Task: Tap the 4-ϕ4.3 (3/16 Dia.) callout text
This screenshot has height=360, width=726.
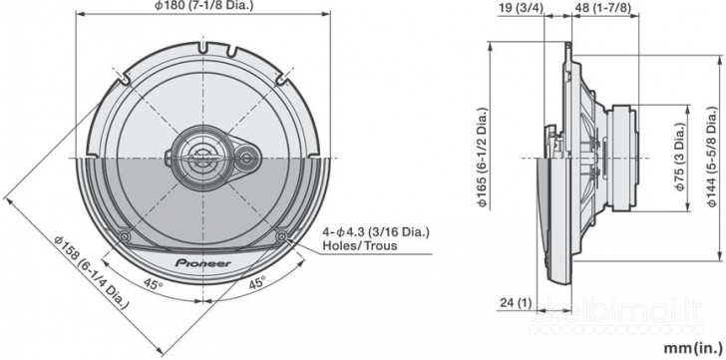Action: point(376,231)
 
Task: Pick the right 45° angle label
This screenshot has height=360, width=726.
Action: point(256,283)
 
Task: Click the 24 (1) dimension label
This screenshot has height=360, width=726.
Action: point(518,303)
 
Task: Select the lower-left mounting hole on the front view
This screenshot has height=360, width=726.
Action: point(123,235)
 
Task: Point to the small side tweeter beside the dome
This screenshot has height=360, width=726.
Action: point(246,157)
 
